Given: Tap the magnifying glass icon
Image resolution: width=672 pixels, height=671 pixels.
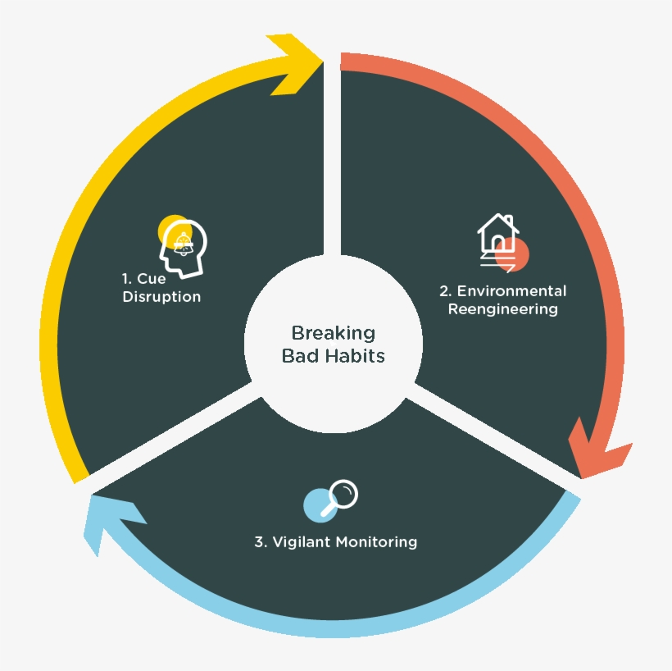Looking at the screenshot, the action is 339,498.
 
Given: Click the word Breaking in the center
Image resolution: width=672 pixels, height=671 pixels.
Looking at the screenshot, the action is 334,333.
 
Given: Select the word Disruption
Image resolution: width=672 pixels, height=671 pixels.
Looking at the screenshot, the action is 161,297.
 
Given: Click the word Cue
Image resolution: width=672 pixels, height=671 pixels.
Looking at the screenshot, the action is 152,279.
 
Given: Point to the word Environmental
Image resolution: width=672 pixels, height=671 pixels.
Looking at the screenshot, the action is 511,291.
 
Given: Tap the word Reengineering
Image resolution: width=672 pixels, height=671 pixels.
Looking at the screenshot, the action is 503,309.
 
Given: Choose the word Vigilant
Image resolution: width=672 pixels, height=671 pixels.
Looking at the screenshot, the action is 302,542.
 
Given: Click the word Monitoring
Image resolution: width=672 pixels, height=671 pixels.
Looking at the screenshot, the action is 377,542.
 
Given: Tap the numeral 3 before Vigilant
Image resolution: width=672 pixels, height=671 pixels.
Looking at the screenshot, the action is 260,542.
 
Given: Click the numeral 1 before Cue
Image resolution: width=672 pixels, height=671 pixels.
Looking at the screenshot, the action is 126,279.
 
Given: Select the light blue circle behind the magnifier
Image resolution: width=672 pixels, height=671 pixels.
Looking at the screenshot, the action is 320,505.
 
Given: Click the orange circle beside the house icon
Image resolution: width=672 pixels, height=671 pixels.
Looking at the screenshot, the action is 512,254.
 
